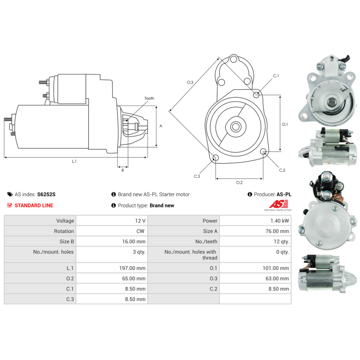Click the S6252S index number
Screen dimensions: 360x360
[x=46, y=194]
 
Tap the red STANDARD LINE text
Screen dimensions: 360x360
[x=33, y=206]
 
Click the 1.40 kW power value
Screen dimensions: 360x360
[x=281, y=221]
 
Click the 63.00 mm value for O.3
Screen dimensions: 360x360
[x=278, y=278]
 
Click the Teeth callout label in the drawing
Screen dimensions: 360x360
[x=149, y=98]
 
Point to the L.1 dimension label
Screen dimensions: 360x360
[x=74, y=162]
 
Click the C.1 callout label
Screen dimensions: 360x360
[x=276, y=76]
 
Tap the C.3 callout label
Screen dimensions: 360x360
[x=197, y=176]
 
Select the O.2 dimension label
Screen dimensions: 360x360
[x=239, y=183]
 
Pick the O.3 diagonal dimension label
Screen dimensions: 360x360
[x=190, y=82]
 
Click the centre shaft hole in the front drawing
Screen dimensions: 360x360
[x=236, y=127]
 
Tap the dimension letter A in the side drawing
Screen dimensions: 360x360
[x=161, y=126]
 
